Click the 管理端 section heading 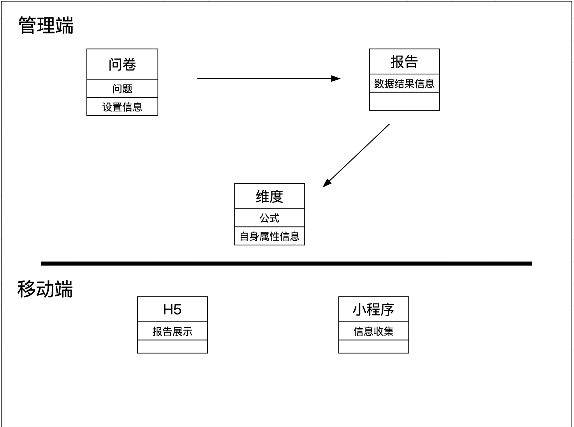46,25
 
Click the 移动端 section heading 45,289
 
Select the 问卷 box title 122,64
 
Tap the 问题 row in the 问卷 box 122,89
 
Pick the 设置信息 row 122,107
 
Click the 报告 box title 404,62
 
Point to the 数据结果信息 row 404,83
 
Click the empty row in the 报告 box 404,101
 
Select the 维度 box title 269,196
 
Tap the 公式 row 269,218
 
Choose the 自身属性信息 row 269,236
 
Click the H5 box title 173,310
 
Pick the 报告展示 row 173,331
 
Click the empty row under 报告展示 173,346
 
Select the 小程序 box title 373,310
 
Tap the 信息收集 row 373,331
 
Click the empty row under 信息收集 373,346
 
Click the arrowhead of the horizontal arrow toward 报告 336,79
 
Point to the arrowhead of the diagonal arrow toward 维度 327,183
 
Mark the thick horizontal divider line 286,264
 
